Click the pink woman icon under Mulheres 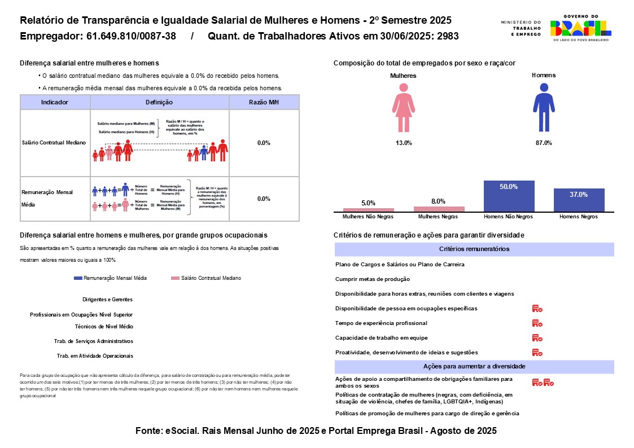[403, 107]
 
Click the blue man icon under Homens [544, 107]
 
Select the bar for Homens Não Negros [509, 196]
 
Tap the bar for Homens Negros [579, 200]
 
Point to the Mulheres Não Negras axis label [368, 217]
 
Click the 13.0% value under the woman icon [403, 143]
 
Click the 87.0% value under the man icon [543, 143]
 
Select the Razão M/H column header [264, 102]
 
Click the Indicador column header [55, 102]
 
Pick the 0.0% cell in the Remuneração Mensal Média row [264, 199]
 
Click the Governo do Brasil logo [580, 28]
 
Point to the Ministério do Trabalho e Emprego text [520, 28]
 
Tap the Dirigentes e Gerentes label [107, 300]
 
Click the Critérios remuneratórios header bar [474, 249]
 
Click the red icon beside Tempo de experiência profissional [537, 323]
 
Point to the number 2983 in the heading [447, 37]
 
